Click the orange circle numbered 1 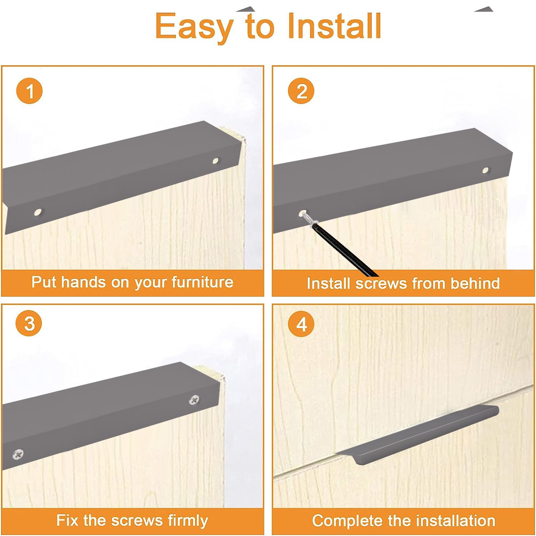click(x=29, y=91)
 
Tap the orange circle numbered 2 click(x=301, y=91)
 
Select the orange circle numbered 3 click(x=29, y=323)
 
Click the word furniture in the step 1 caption click(x=202, y=282)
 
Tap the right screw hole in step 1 click(x=216, y=161)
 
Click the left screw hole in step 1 click(x=39, y=212)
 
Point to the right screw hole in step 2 click(x=485, y=171)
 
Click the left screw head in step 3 click(x=18, y=454)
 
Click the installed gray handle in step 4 click(x=417, y=435)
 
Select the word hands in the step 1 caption click(x=83, y=282)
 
